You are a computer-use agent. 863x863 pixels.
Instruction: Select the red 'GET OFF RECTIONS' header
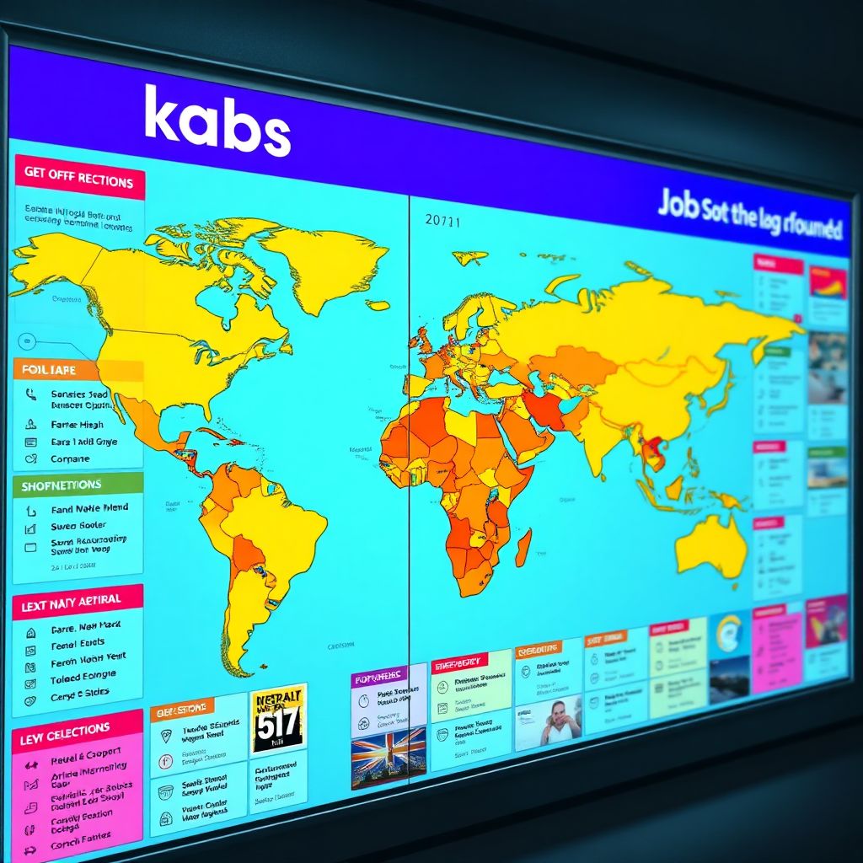(x=79, y=179)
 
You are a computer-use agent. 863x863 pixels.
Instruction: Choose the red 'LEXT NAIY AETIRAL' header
(x=72, y=601)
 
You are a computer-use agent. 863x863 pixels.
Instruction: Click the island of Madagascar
(x=523, y=547)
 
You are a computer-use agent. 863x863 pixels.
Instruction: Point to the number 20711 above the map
(x=443, y=221)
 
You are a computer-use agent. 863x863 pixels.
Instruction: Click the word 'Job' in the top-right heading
(x=678, y=204)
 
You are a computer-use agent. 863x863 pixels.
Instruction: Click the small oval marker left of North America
(x=26, y=341)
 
